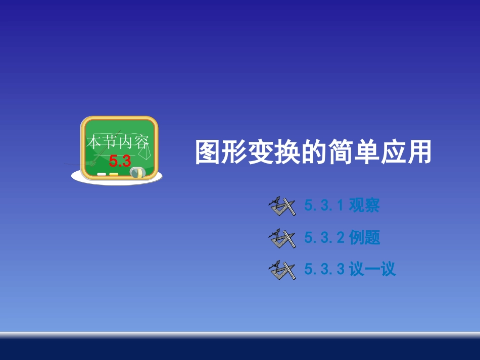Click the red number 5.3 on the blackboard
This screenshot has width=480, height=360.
120,162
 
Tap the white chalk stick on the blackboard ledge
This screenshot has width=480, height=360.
102,174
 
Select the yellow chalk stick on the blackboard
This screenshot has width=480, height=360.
114,174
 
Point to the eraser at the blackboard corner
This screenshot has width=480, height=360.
137,173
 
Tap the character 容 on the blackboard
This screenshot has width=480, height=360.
143,142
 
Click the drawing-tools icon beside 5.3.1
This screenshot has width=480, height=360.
282,206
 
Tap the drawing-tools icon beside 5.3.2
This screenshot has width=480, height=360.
282,238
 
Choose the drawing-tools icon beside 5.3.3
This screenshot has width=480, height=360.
282,270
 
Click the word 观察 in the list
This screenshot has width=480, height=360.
364,206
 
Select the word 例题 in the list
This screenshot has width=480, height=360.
364,238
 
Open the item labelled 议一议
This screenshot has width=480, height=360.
372,270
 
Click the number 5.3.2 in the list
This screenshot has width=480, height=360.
324,238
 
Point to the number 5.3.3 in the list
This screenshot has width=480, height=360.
324,270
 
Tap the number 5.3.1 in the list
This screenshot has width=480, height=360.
324,206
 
